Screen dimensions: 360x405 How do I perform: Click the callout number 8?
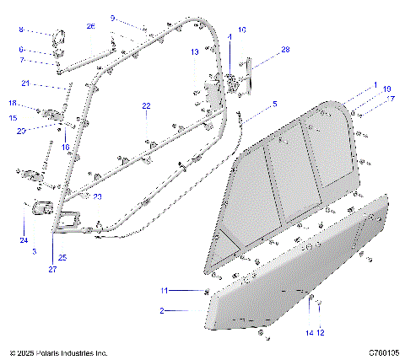click(x=22, y=30)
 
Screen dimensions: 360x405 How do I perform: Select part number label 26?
click(x=91, y=26)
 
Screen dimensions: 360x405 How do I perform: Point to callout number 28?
click(x=285, y=51)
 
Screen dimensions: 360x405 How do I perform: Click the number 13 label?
click(x=194, y=52)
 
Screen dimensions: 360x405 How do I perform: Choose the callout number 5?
click(x=273, y=104)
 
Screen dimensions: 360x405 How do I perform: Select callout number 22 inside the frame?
click(x=146, y=106)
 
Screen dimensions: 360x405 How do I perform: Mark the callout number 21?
click(x=25, y=83)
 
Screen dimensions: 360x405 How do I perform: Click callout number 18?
click(x=13, y=103)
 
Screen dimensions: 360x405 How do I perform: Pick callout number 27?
click(x=52, y=269)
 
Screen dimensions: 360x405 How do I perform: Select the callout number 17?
click(x=389, y=99)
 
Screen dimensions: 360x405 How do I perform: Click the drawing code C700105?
click(x=381, y=352)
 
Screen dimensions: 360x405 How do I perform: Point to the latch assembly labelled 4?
click(x=229, y=82)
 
